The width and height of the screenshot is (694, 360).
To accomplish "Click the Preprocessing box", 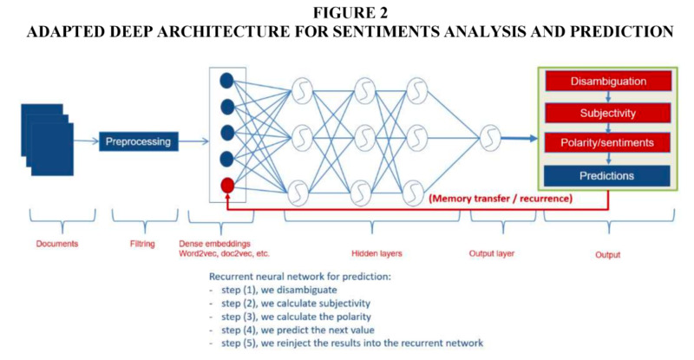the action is click(x=139, y=141).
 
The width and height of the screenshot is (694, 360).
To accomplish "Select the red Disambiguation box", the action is click(x=608, y=82).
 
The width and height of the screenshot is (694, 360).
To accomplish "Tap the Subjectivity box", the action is click(x=608, y=114).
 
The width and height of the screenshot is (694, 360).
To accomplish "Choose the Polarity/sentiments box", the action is click(x=607, y=142).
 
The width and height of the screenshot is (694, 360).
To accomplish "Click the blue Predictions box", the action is click(x=606, y=176).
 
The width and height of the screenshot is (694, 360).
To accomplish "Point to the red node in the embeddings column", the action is click(x=227, y=185).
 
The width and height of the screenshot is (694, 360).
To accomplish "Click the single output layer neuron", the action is click(x=490, y=138).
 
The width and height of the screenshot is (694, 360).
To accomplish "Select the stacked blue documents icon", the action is click(x=48, y=140).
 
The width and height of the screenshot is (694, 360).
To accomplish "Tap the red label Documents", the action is click(x=57, y=244).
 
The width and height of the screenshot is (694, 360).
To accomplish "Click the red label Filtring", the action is click(x=142, y=244).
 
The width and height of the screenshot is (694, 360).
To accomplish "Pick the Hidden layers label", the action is click(x=376, y=253).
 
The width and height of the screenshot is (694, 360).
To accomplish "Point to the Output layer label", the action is click(x=492, y=253).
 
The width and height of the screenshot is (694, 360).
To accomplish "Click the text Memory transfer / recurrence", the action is click(x=501, y=199).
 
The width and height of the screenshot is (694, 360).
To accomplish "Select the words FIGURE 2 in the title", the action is click(x=350, y=13).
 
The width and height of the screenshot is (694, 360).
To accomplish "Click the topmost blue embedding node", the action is click(x=227, y=81).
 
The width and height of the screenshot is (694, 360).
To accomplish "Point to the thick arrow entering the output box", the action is click(x=520, y=139).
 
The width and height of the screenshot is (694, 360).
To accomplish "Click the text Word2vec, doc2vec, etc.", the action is click(x=224, y=253).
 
